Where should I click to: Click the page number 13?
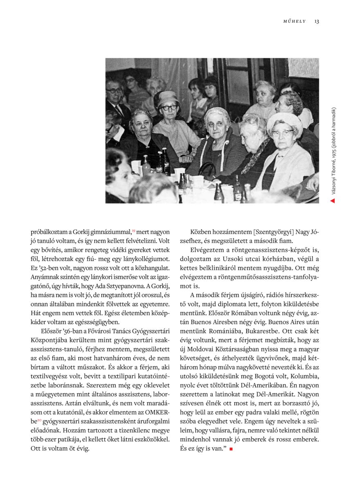pos(317,21)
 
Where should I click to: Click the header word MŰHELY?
pos(295,21)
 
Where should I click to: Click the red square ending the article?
pos(231,449)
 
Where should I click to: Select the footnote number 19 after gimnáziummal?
pos(133,230)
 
